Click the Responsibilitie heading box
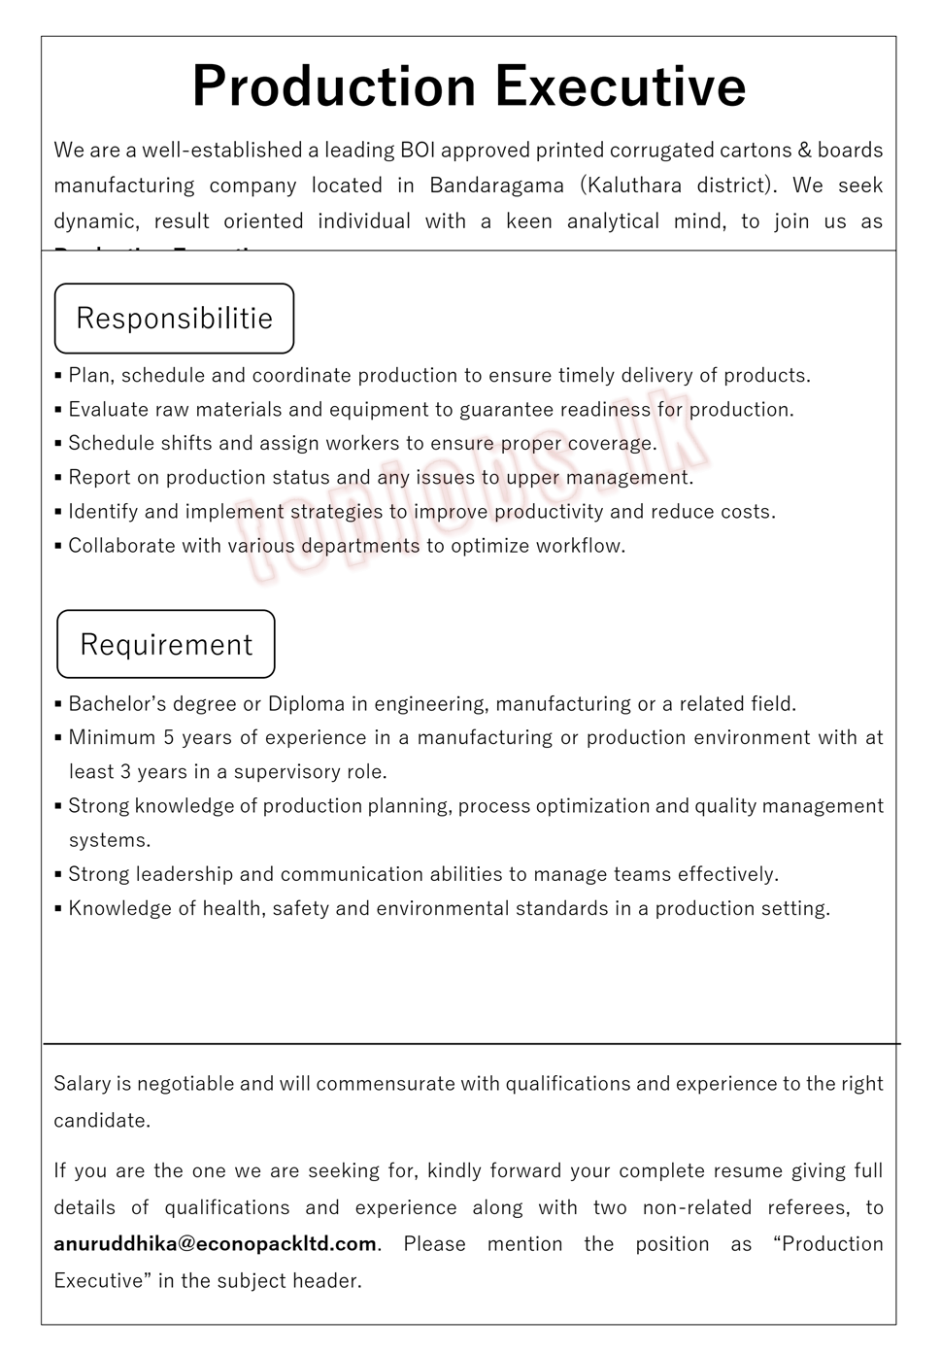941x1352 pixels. coord(175,319)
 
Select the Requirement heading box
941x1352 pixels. coord(166,644)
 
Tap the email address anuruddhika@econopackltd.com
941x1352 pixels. coord(215,1244)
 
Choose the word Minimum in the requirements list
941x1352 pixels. coord(108,738)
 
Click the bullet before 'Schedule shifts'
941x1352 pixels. coord(59,444)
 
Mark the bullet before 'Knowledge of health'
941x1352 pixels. coord(59,909)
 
